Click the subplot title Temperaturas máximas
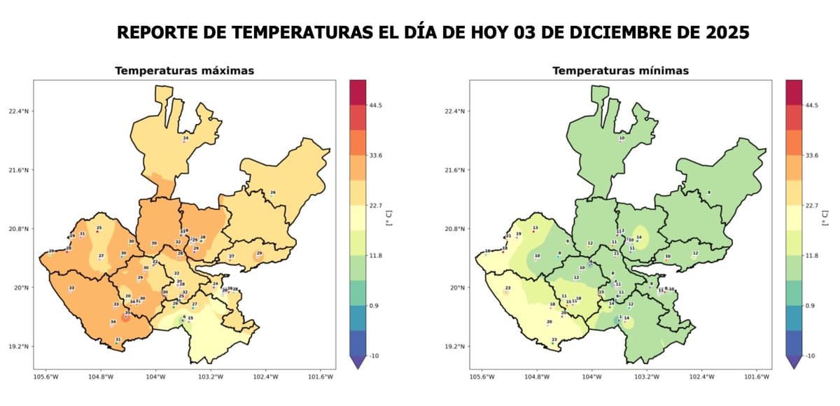point(184,71)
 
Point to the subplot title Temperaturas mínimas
point(620,71)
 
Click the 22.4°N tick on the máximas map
point(18,111)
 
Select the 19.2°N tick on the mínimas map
point(455,346)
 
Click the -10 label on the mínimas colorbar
point(812,356)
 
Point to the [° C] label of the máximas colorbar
point(389,218)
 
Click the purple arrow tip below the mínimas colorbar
point(794,363)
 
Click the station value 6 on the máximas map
point(184,316)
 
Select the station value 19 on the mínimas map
point(519,234)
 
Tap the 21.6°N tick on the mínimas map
point(455,170)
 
